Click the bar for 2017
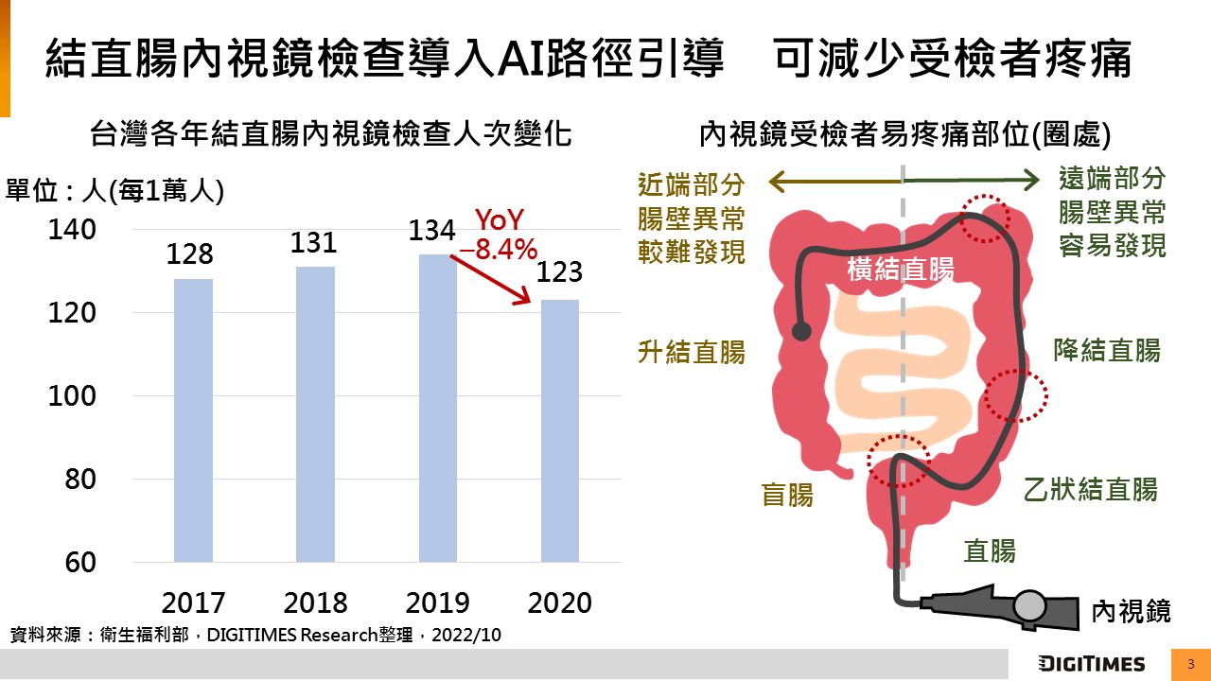[193, 420]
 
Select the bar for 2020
[559, 430]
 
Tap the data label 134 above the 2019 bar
[432, 231]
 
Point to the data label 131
[313, 243]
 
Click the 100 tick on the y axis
[72, 396]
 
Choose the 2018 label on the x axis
[315, 602]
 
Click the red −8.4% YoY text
[498, 251]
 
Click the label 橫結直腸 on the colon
[900, 270]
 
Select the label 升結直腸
[692, 353]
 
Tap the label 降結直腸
[1106, 350]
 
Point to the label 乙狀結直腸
[1090, 489]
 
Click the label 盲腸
[787, 494]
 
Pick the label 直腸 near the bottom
[989, 550]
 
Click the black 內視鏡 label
[1131, 611]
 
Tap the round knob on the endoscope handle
[1030, 605]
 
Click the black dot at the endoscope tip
[801, 331]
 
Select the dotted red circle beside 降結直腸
[1015, 396]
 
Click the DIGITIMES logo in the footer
[1091, 663]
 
